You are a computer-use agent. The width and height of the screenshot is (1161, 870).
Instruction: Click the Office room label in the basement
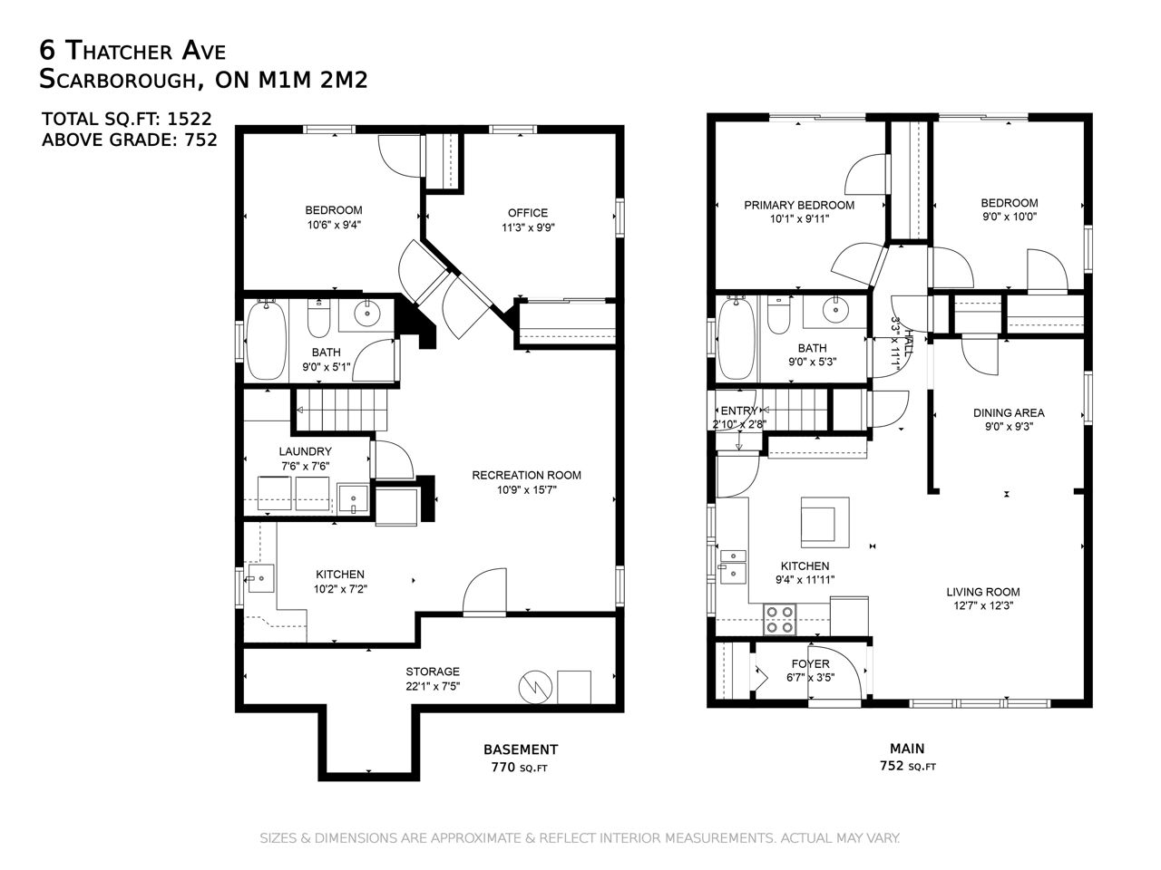(527, 213)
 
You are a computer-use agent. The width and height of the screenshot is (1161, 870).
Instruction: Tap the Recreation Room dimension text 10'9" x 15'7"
(526, 490)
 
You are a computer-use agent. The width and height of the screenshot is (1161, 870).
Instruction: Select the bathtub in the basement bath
(267, 340)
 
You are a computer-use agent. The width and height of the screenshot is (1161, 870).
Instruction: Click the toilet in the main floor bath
(778, 315)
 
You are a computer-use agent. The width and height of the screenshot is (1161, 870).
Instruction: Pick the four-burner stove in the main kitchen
(780, 620)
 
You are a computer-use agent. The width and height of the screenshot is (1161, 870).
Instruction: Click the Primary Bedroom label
(799, 206)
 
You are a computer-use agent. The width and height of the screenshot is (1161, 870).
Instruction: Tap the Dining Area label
(1008, 412)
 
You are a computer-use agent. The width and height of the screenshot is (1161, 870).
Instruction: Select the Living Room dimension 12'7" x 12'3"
(982, 606)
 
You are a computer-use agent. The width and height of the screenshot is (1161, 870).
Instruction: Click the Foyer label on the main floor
(810, 663)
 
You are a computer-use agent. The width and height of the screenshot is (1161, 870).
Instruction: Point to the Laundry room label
(305, 451)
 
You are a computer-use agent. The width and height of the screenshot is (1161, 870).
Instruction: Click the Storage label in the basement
(433, 672)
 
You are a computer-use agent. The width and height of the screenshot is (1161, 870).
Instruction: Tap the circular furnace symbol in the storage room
(535, 688)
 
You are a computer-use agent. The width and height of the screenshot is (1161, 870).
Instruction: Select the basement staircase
(341, 410)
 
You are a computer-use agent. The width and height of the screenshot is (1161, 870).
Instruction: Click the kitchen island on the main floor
(824, 522)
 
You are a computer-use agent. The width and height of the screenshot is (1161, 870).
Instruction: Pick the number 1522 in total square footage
(190, 119)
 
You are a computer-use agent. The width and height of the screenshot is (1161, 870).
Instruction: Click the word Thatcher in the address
(120, 52)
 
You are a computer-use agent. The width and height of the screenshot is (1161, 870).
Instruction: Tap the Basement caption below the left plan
(521, 749)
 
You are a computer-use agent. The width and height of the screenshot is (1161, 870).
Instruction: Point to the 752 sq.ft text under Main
(907, 766)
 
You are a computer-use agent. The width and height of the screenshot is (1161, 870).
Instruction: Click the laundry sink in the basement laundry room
(353, 498)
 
